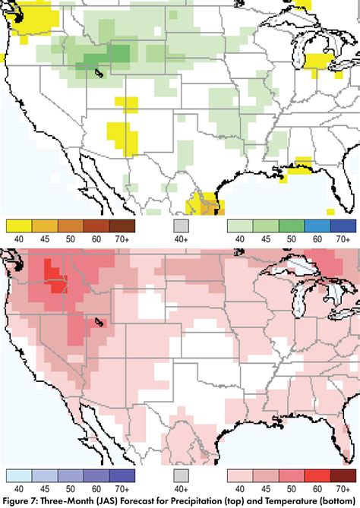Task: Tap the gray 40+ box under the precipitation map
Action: point(180,226)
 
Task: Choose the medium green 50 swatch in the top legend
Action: point(292,226)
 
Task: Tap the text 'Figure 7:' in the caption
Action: point(21,500)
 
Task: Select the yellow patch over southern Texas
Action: point(202,204)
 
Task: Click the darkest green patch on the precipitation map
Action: point(118,52)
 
